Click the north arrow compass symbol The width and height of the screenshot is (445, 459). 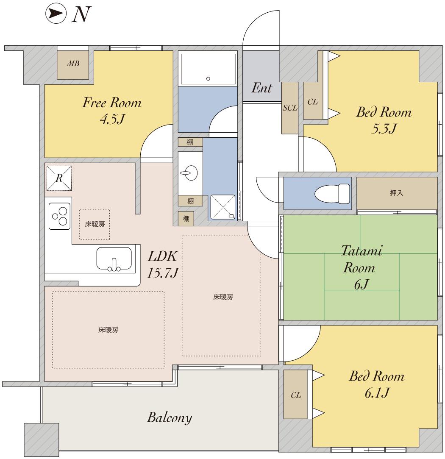pyautogui.click(x=56, y=13)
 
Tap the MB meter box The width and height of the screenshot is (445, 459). pyautogui.click(x=72, y=65)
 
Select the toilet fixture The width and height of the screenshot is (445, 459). pyautogui.click(x=332, y=194)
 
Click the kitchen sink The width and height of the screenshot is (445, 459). pyautogui.click(x=114, y=259)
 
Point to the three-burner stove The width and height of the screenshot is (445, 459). pyautogui.click(x=60, y=216)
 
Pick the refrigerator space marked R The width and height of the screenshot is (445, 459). pyautogui.click(x=59, y=178)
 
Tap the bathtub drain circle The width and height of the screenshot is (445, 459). pyautogui.click(x=208, y=78)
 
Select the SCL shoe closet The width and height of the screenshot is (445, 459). pyautogui.click(x=290, y=108)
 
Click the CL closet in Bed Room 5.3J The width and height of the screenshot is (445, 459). pyautogui.click(x=313, y=101)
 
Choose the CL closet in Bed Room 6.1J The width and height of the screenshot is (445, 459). pyautogui.click(x=295, y=395)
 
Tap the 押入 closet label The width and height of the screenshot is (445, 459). pyautogui.click(x=396, y=193)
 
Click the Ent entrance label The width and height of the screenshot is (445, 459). pyautogui.click(x=261, y=88)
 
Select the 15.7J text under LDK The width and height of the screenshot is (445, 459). pyautogui.click(x=162, y=273)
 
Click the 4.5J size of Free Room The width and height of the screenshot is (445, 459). pyautogui.click(x=112, y=119)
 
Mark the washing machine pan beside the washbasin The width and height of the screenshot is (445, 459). pyautogui.click(x=223, y=207)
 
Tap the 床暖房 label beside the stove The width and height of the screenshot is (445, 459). pyautogui.click(x=95, y=224)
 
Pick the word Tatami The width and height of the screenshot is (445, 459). pyautogui.click(x=362, y=251)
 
